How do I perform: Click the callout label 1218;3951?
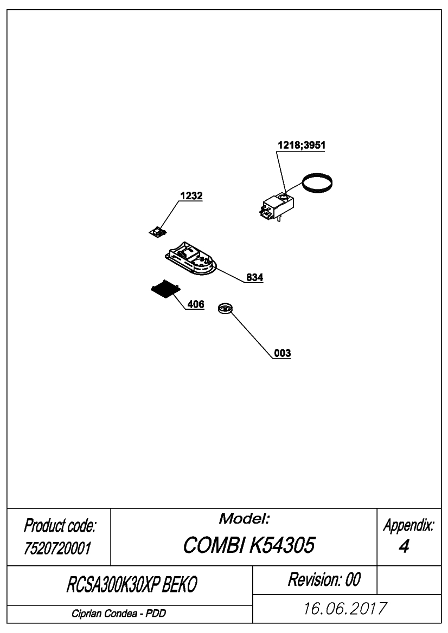[302, 145]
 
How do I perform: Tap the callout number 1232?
[191, 196]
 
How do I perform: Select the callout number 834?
[255, 277]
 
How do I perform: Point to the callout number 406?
[196, 304]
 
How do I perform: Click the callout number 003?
[282, 353]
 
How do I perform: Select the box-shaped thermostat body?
[276, 207]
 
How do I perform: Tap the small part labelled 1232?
[158, 232]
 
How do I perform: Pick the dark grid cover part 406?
[165, 289]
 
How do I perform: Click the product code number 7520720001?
[57, 548]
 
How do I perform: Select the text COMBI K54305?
[248, 545]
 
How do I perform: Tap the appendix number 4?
[404, 546]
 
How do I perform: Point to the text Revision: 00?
[324, 579]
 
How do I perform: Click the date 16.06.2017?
[345, 608]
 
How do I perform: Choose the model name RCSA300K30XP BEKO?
[132, 585]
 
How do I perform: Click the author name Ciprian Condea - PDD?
[119, 614]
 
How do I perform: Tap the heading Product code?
[60, 526]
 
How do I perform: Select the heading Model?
[244, 519]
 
